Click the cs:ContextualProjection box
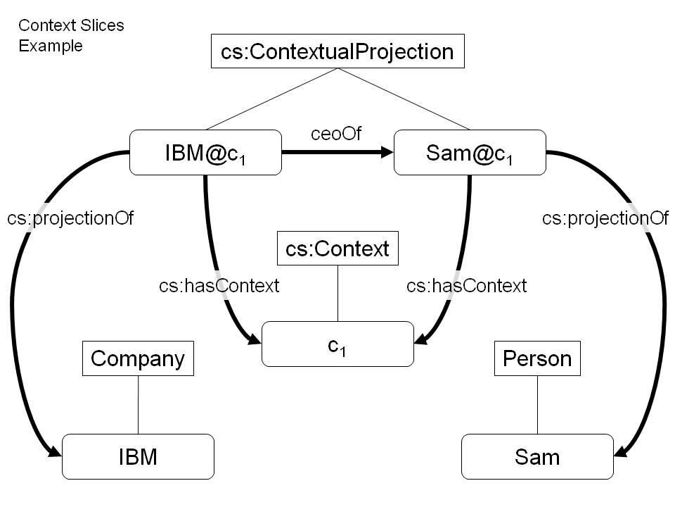point(337,51)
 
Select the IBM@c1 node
point(205,152)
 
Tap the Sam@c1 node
point(470,152)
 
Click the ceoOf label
point(336,134)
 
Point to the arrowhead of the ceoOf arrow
point(387,152)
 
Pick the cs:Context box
point(337,249)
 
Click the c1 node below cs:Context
point(337,344)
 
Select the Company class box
point(138,358)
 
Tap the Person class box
point(537,358)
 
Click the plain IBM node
point(138,456)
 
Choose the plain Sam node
point(537,456)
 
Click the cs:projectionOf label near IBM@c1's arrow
point(70,218)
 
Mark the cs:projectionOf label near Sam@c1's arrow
point(605,218)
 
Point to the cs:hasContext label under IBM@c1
point(219,286)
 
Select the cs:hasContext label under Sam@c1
point(467,286)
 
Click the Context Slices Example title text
point(71,35)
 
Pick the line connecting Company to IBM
point(139,405)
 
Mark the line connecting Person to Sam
point(537,405)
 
